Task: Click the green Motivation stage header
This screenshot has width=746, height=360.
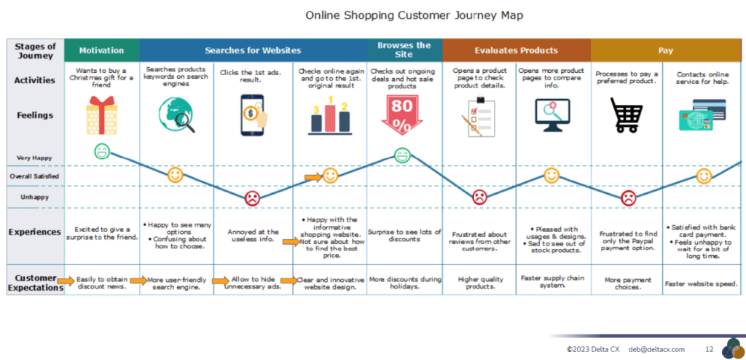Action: (101, 50)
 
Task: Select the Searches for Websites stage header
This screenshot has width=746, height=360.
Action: (253, 50)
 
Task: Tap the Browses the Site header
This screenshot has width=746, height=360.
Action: (404, 50)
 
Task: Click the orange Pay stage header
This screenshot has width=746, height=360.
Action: (665, 50)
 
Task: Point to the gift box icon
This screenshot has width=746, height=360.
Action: (101, 117)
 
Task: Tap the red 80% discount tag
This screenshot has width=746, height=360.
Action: (404, 116)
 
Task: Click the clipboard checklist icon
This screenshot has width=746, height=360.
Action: (478, 117)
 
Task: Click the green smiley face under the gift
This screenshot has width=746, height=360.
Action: (103, 152)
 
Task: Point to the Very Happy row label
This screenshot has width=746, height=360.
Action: (34, 157)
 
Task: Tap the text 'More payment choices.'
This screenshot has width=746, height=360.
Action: (628, 282)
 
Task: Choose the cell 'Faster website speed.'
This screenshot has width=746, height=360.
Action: (702, 283)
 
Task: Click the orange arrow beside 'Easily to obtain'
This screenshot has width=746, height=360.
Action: (67, 280)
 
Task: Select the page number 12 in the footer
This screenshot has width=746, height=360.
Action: (710, 349)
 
